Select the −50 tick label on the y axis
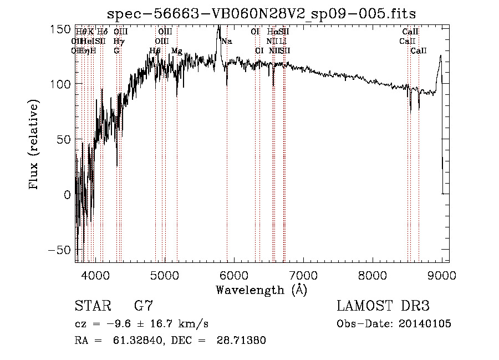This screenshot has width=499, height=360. (x=58, y=250)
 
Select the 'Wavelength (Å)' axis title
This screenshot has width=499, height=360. (x=261, y=290)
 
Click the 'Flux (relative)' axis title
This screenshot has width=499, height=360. (x=34, y=145)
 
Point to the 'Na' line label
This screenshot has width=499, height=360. (x=226, y=41)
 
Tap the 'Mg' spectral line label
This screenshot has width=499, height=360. (x=176, y=50)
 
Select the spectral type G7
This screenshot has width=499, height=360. (x=143, y=306)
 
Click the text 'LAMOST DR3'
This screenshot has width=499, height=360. (x=383, y=306)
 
